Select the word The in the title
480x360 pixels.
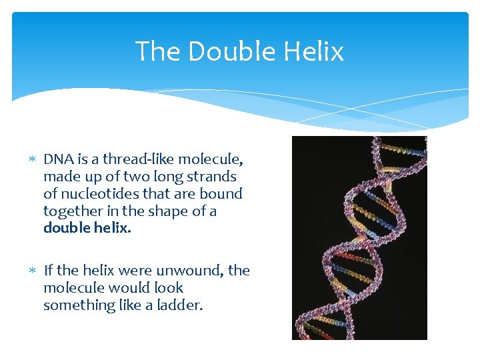(157, 51)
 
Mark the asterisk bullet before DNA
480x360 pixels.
(32, 160)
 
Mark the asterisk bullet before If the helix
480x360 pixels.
(32, 271)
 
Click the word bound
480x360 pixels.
(225, 194)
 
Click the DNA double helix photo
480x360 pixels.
(359, 238)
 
